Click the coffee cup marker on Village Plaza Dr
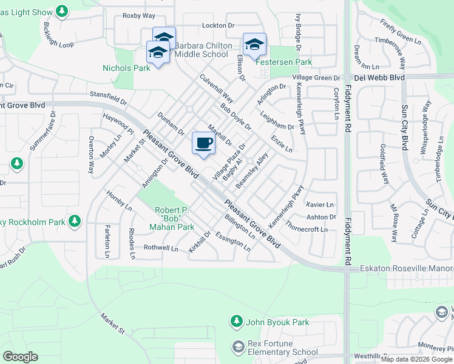[x=203, y=143]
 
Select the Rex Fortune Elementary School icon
[x=238, y=346]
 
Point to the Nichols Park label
[x=126, y=68]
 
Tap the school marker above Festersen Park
[x=254, y=44]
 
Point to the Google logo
[x=20, y=357]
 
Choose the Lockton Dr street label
[x=218, y=25]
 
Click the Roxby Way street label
[x=139, y=15]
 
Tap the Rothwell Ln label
[x=161, y=248]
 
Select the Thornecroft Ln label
[x=307, y=230]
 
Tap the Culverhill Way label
[x=217, y=89]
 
